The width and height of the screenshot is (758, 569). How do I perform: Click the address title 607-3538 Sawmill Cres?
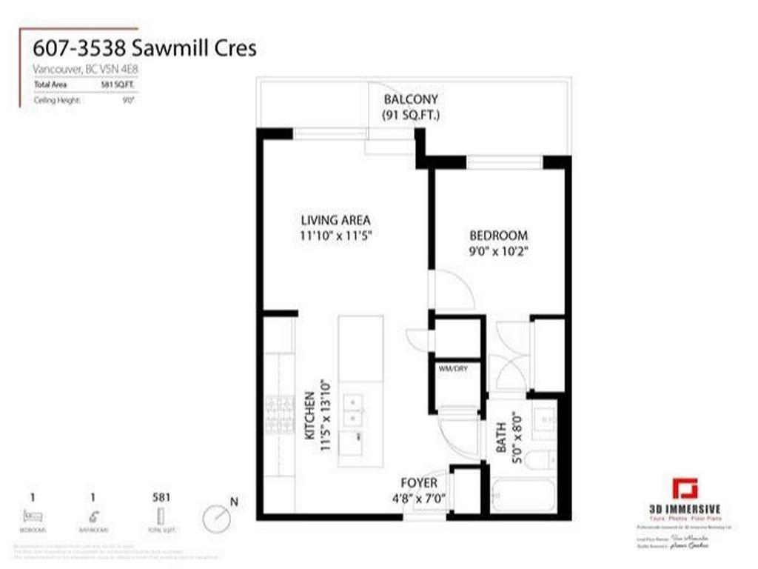[145, 49]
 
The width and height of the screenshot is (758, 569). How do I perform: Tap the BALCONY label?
[410, 99]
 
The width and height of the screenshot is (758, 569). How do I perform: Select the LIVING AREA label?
[335, 220]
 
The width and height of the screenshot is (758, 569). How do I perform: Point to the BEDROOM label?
[499, 236]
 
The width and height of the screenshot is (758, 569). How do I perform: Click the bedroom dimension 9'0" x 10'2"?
[499, 251]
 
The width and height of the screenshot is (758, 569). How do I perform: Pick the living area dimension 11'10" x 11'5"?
[335, 236]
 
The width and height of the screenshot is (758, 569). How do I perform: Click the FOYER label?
[419, 482]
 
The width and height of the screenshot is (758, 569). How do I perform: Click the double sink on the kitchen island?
[354, 410]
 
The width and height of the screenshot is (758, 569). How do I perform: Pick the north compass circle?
[215, 518]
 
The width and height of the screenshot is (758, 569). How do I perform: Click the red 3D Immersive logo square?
[685, 489]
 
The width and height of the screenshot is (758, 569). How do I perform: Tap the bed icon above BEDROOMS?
[33, 516]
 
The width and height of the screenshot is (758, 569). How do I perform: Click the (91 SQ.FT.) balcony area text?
[410, 115]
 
